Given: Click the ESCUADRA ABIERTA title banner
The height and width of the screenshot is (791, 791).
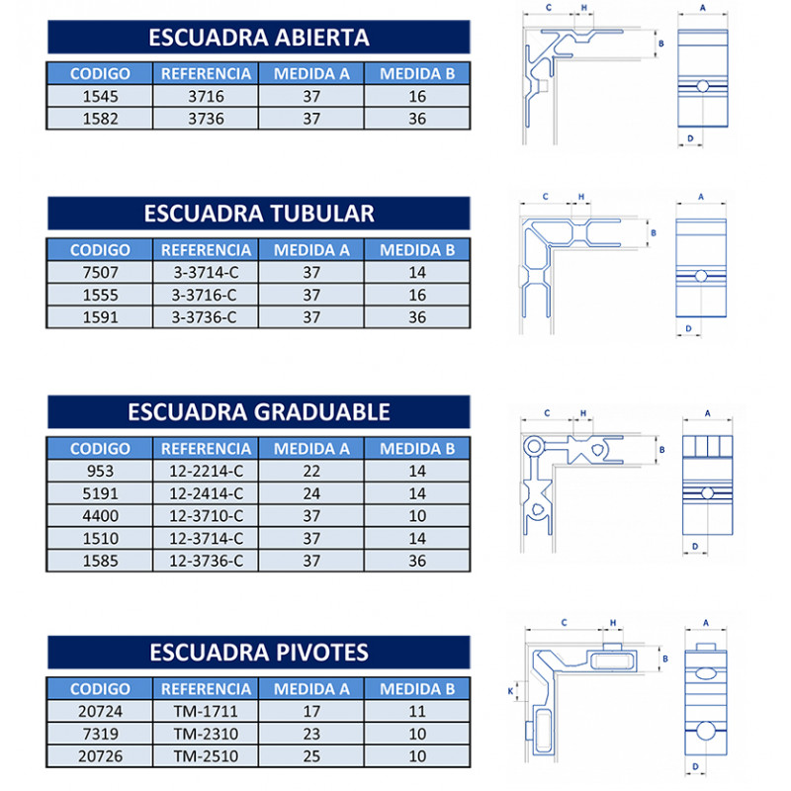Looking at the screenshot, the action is pos(259,37).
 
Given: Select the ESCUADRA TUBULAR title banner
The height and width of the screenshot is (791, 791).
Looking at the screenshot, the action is pos(259,213).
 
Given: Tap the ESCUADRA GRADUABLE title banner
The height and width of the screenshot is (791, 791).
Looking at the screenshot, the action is pos(259,411).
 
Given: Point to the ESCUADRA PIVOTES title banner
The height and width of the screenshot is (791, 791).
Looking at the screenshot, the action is pos(259,652).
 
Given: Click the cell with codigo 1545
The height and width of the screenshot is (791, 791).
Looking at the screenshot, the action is pos(100,96).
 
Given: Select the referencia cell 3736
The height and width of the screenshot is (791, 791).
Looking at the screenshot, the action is pos(206,119).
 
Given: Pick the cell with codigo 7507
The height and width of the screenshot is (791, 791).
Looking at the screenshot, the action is pos(100,273).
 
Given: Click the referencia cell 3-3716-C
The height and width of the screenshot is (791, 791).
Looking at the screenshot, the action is pos(206,295).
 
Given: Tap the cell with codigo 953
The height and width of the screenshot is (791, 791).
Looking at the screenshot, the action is pos(100,471).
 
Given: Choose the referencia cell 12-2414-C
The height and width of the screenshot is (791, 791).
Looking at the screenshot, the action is pos(206,493).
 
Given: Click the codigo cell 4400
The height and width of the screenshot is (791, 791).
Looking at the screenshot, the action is pos(100,515).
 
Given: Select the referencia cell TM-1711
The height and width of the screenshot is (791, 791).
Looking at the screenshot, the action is pos(206,711).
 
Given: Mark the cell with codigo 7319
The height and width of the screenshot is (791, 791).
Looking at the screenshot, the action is pos(100,734).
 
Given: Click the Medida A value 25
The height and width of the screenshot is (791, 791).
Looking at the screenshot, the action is pos(311,756).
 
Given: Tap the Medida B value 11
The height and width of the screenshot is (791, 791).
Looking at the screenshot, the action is pos(417,711).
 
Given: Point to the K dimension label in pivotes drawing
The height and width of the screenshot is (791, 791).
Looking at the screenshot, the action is pos(510,690).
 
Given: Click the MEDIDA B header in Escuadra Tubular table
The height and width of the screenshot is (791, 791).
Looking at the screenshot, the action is pos(417,250).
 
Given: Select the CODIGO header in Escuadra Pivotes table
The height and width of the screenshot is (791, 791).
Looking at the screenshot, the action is pos(100,688).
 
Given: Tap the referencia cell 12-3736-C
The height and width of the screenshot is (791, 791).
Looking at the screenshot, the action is pos(206,561).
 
